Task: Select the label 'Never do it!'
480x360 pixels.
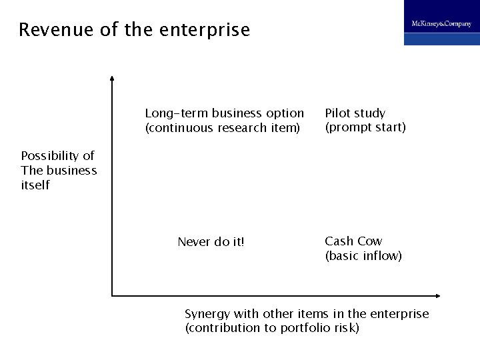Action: tap(211, 242)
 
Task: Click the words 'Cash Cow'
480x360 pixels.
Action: tap(353, 241)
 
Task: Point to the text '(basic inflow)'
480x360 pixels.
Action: tap(363, 255)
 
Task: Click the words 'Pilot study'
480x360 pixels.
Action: tap(355, 113)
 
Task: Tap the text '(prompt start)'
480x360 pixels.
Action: tap(365, 127)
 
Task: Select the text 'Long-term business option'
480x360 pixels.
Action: tap(224, 113)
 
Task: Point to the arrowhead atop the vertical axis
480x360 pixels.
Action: tap(113, 79)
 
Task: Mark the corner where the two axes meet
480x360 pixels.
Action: tap(113, 295)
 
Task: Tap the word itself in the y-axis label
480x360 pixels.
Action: tap(36, 185)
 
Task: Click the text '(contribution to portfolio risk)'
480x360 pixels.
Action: tap(272, 328)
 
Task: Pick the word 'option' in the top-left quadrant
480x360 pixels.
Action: tap(285, 113)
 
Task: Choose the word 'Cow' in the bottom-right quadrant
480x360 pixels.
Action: tap(371, 241)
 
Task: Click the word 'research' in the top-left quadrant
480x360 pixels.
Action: tap(246, 127)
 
